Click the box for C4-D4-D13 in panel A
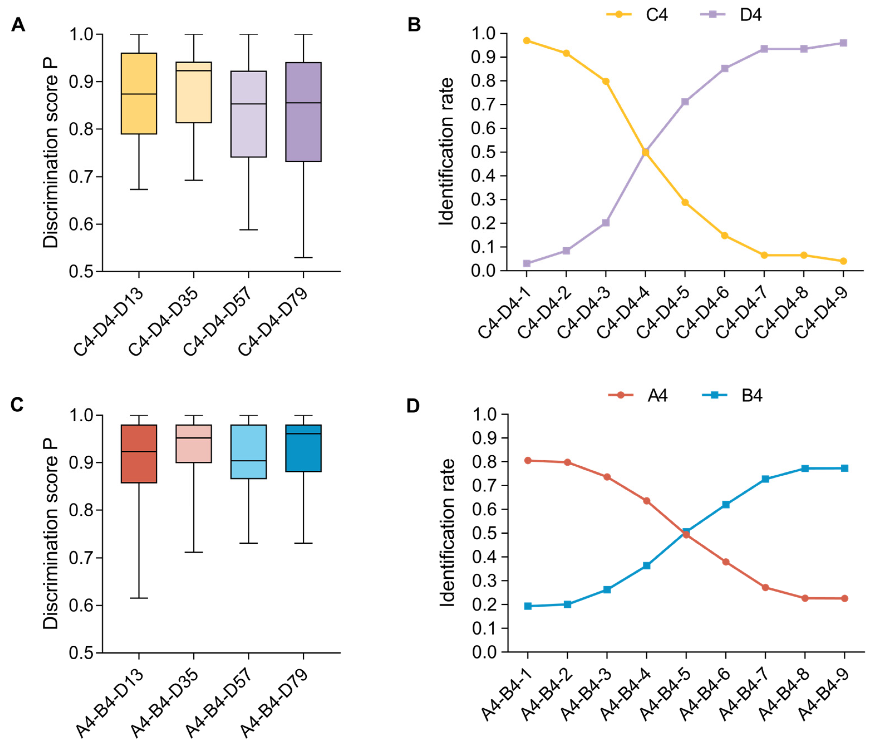pos(139,93)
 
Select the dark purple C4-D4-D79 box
pos(303,112)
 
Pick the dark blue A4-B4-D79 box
pos(303,448)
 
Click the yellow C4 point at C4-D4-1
pos(527,41)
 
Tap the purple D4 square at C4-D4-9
pos(843,43)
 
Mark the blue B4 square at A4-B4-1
pos(528,606)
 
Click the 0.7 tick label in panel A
pos(82,177)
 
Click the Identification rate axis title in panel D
pos(447,533)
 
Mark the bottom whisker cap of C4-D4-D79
pos(303,257)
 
